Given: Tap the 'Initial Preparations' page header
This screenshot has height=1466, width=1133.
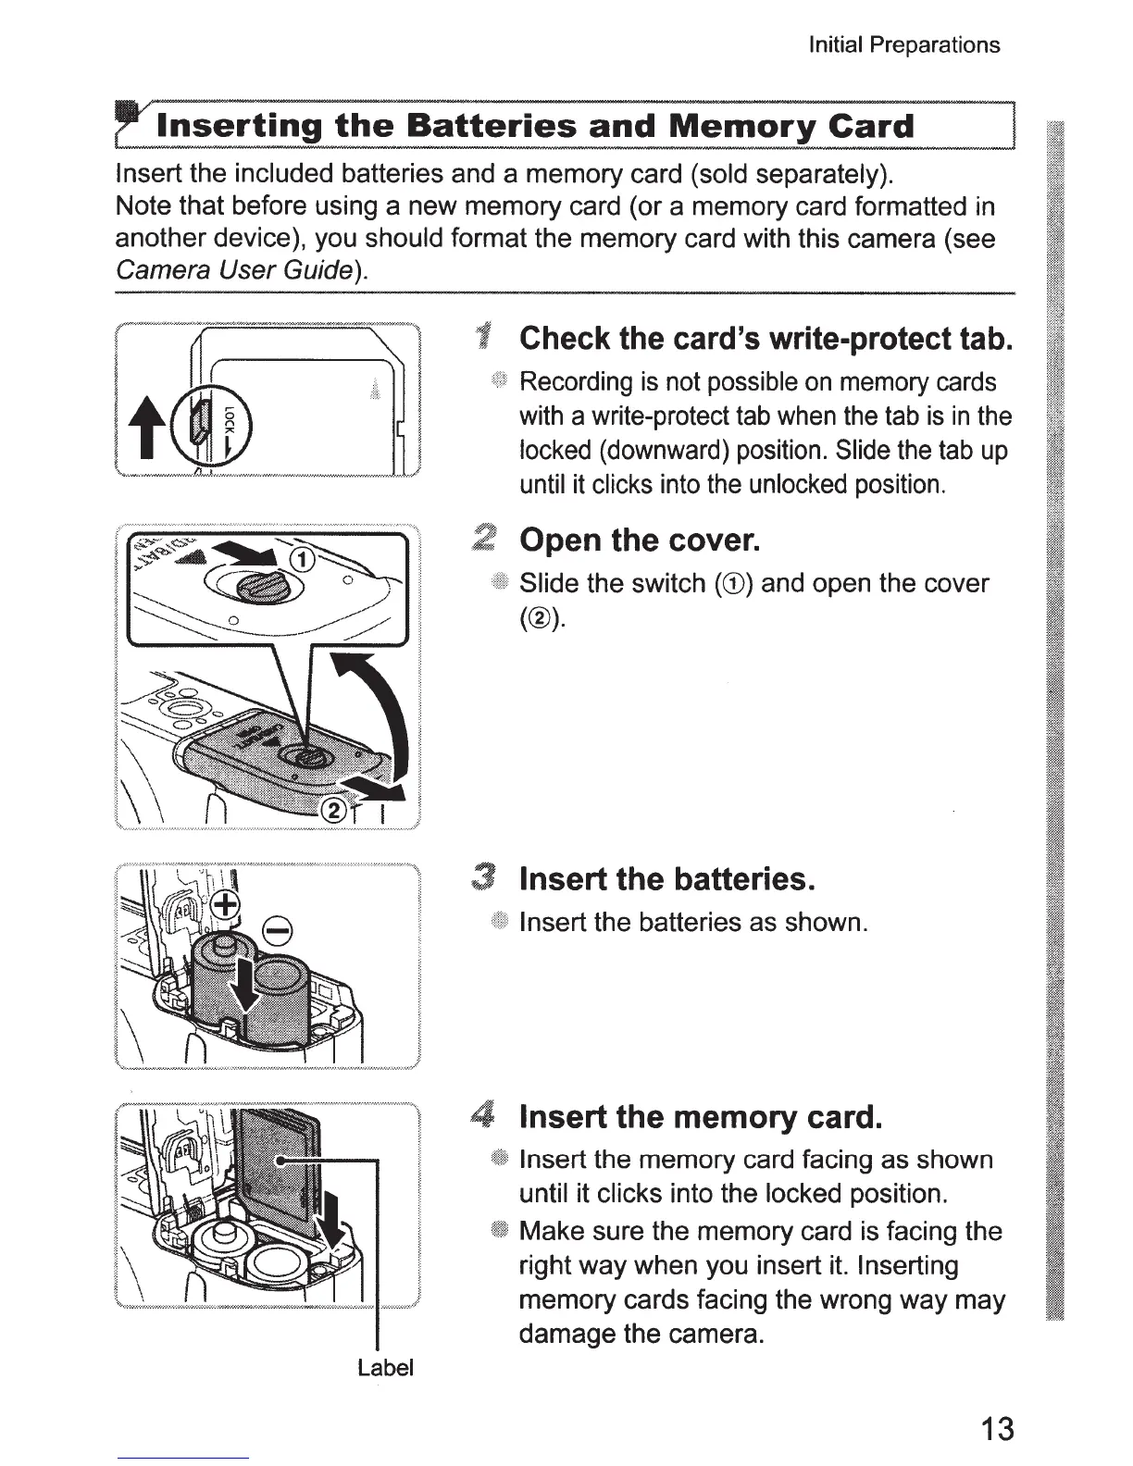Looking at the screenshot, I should coord(903,45).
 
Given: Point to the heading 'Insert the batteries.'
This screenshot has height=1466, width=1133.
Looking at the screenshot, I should coord(666,878).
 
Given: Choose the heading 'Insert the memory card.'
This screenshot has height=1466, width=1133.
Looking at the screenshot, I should coord(700,1117).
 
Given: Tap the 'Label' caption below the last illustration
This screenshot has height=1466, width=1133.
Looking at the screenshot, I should coord(385,1367).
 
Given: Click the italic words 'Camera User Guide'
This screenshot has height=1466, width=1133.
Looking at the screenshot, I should coord(233,271).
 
